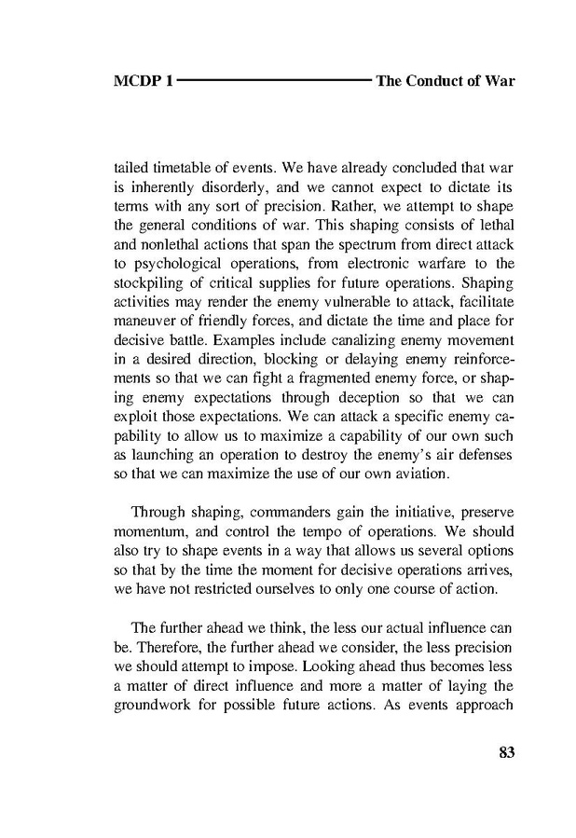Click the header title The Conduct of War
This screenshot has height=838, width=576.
[445, 81]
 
